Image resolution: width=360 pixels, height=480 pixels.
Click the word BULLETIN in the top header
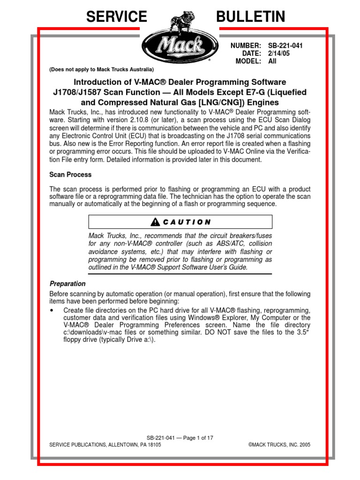[x=250, y=17]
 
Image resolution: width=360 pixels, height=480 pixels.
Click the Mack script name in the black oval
[x=180, y=46]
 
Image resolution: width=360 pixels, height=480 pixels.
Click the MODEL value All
[x=272, y=61]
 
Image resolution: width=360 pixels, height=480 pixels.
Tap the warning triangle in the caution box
[x=155, y=222]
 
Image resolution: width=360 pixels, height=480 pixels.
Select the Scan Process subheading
[x=70, y=174]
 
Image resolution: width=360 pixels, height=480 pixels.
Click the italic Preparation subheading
[x=67, y=284]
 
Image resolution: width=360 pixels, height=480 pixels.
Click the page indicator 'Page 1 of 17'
[x=196, y=438]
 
